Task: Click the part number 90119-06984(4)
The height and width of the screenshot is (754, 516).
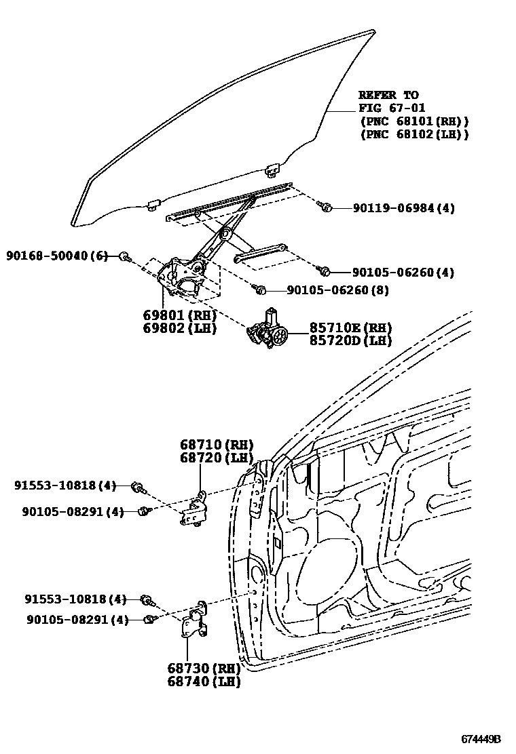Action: (403, 208)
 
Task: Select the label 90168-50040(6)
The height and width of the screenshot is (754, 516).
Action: (57, 256)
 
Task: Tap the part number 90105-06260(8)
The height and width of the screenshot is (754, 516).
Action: (337, 290)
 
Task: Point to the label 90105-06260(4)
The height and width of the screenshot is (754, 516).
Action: (403, 273)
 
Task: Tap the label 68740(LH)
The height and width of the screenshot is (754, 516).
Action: (204, 681)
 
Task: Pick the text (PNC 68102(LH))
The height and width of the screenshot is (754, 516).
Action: (414, 134)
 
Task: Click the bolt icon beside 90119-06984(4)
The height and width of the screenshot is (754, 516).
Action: (325, 207)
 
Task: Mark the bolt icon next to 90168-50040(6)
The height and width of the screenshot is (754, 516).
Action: (124, 256)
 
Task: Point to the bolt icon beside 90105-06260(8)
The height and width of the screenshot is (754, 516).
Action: (260, 290)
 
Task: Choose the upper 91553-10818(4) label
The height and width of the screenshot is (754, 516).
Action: (65, 485)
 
